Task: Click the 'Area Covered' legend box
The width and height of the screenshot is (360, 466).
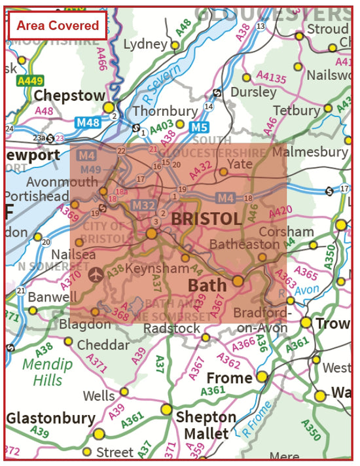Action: (x=57, y=26)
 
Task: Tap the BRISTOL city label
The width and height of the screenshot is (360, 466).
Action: (x=206, y=219)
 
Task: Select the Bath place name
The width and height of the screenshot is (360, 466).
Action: (x=207, y=285)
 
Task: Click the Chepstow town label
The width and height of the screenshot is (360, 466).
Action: (x=69, y=95)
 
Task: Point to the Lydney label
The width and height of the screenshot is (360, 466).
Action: (x=145, y=44)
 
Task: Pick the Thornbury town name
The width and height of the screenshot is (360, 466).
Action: (x=164, y=111)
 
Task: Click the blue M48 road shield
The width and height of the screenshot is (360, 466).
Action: (x=90, y=123)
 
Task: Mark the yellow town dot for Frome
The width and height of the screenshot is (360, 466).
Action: (x=262, y=376)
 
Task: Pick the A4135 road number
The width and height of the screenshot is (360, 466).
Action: (x=271, y=81)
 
